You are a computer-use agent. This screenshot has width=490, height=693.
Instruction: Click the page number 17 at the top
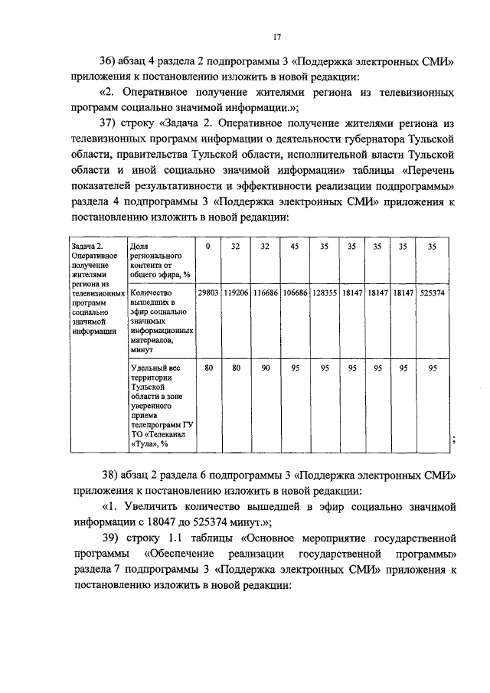[278, 35]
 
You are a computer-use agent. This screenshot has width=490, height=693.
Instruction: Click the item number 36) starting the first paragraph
[113, 62]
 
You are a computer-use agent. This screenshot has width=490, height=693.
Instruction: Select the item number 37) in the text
[113, 123]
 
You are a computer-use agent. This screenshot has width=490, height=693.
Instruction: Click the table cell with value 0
[207, 247]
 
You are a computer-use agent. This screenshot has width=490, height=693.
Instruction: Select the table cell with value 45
[294, 247]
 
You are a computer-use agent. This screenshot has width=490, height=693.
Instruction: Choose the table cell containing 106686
[294, 293]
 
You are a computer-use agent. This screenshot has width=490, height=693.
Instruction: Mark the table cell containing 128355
[324, 293]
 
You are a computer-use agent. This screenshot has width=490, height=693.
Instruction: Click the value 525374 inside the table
[433, 293]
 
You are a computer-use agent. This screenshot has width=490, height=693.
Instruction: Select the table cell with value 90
[265, 368]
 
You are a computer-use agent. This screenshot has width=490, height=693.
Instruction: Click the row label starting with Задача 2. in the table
[96, 288]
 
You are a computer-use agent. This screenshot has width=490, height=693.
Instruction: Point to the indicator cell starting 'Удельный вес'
[159, 405]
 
